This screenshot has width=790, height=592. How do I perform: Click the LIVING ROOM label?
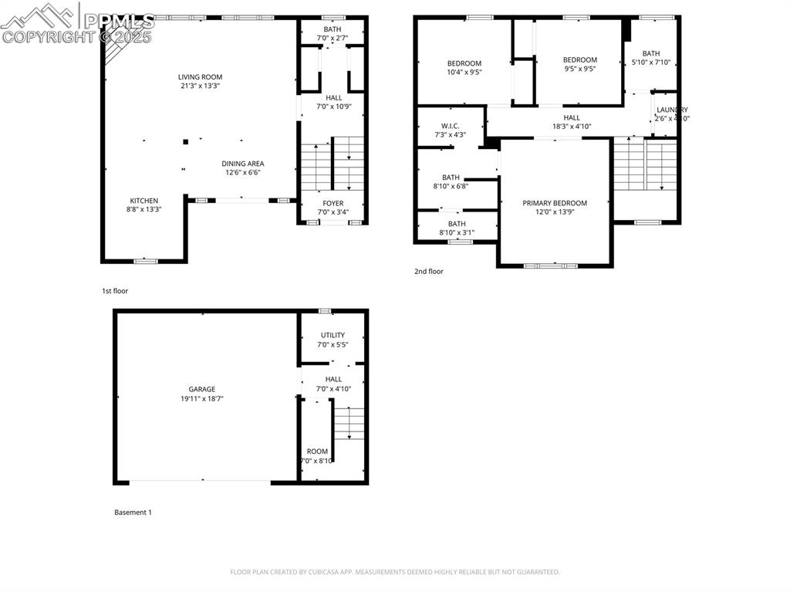click(x=200, y=77)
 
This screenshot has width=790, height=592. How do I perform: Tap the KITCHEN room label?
click(x=143, y=201)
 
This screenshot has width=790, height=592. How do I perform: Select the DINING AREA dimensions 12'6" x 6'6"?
click(x=243, y=173)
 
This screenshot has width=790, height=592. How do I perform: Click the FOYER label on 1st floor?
click(x=333, y=204)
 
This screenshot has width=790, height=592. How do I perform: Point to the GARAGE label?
click(x=202, y=389)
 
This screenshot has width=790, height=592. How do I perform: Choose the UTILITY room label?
click(x=333, y=335)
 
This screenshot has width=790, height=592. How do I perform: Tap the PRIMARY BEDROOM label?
click(x=555, y=203)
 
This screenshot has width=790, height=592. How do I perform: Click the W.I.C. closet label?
click(x=451, y=126)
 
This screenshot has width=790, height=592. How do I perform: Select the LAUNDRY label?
click(x=672, y=110)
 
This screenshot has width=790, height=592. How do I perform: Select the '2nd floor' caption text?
click(x=429, y=272)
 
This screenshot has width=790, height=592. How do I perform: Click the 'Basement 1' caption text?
click(x=133, y=513)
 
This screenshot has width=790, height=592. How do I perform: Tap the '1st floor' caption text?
click(x=115, y=291)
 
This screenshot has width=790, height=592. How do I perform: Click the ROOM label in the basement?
click(x=317, y=452)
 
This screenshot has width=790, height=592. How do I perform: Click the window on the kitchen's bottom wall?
click(x=145, y=261)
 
